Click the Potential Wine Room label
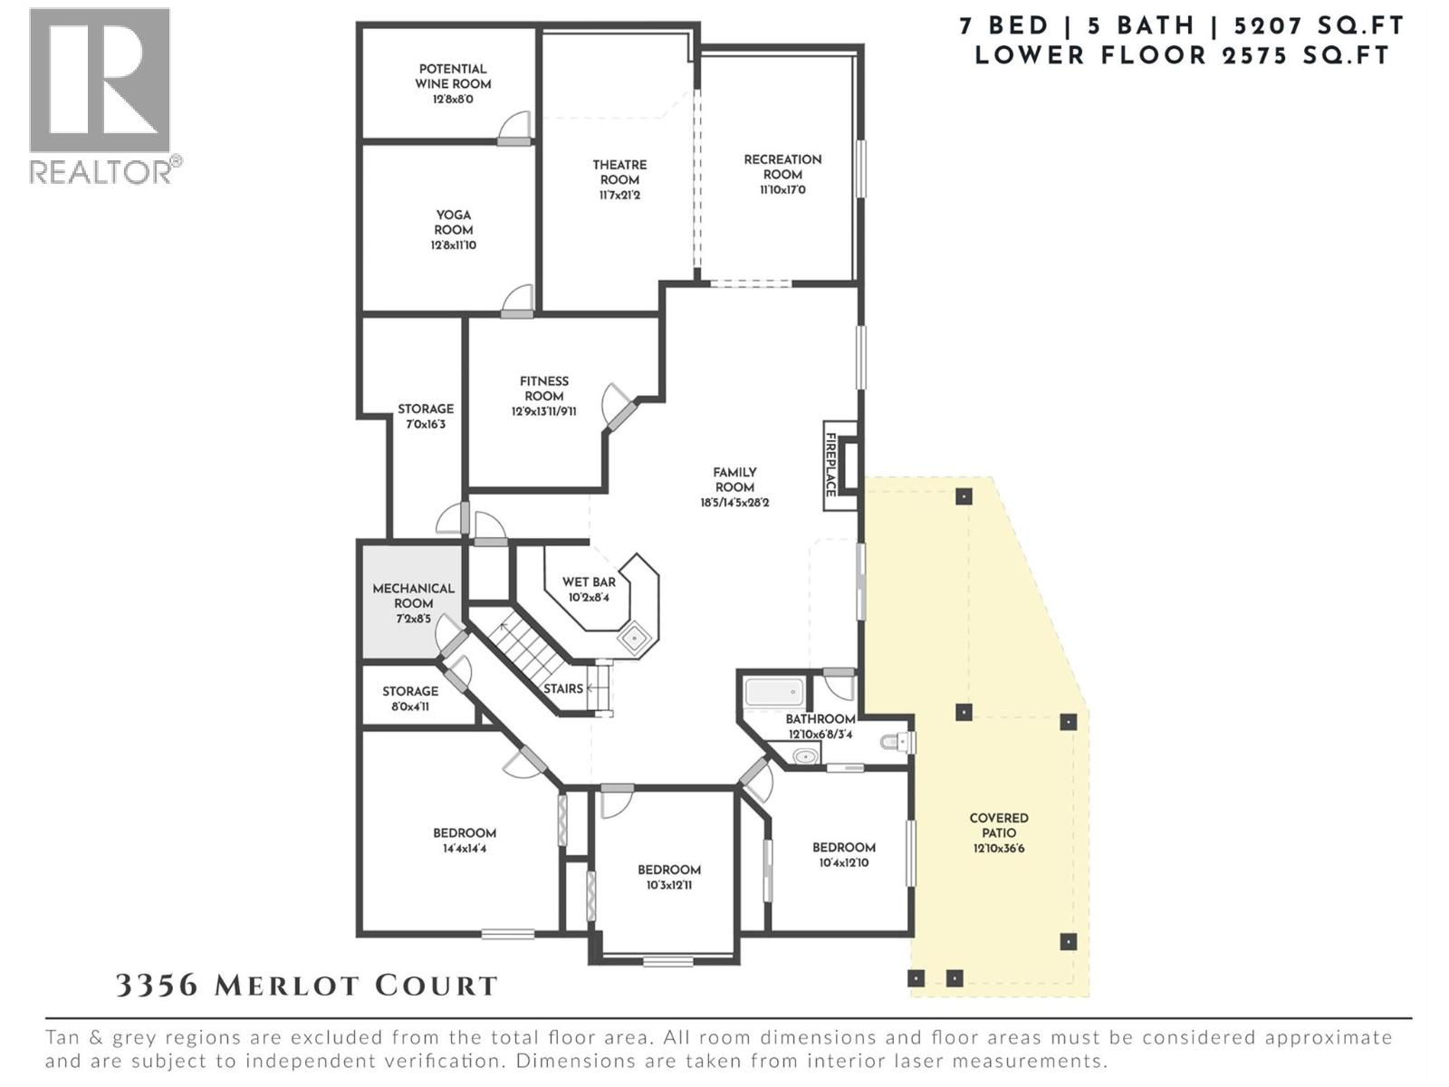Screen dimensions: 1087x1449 453,77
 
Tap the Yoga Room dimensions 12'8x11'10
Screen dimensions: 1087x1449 453,245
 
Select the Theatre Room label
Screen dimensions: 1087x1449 619,172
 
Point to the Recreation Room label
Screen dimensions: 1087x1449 782,167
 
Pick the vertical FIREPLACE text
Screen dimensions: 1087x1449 830,464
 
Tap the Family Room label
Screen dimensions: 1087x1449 734,479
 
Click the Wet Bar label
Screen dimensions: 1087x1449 589,582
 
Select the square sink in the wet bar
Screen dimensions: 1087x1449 634,639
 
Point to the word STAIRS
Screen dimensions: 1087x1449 563,689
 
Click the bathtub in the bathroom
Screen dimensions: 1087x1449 774,695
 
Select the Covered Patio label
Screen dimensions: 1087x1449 999,825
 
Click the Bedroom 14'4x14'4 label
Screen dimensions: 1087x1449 465,833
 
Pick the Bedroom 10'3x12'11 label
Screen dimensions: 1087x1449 669,870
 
